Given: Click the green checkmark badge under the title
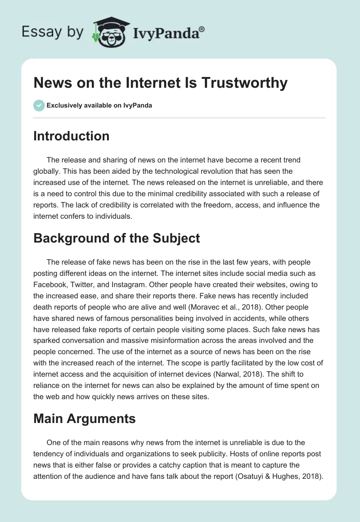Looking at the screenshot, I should click(39, 105).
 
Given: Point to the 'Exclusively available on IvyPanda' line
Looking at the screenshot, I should click(99, 106).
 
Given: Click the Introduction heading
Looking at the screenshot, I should click(71, 136).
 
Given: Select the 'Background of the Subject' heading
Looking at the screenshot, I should click(117, 238).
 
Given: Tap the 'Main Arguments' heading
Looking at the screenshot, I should click(84, 418).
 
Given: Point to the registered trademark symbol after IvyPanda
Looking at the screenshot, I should click(202, 29).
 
